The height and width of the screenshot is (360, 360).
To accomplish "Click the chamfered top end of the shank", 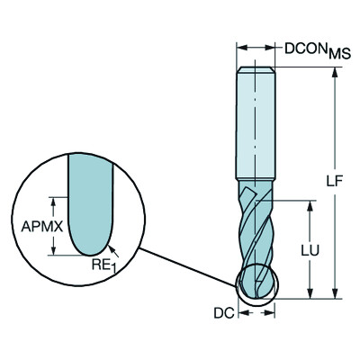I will click(256, 69).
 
